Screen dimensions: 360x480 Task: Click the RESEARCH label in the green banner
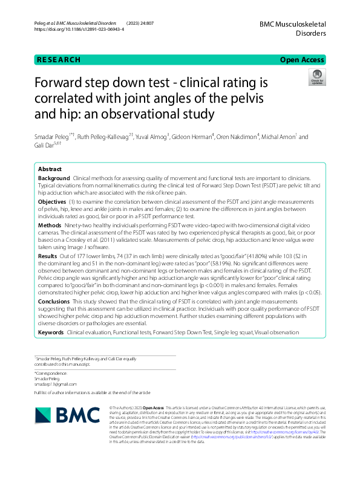[58, 60]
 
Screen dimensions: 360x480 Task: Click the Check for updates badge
[316, 76]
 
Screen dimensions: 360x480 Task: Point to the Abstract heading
[50, 169]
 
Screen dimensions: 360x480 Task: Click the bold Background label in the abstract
[53, 180]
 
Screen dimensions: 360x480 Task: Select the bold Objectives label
[53, 201]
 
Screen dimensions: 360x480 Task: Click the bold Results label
[48, 256]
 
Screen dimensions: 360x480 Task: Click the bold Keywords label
[51, 332]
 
